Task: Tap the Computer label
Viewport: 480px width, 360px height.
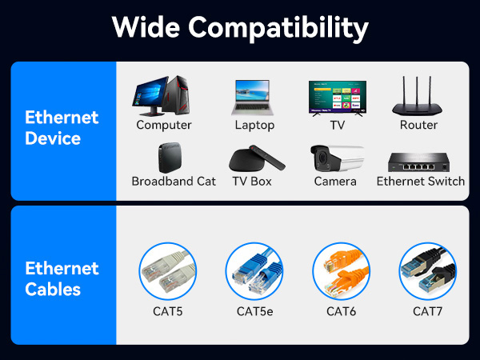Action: click(x=164, y=125)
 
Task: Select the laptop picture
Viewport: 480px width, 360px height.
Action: click(x=254, y=98)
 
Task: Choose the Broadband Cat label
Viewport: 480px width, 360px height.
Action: click(x=174, y=181)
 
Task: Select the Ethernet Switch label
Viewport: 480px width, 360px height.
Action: click(x=421, y=181)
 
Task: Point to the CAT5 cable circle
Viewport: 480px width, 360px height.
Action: click(x=168, y=271)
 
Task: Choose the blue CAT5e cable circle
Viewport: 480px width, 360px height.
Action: click(x=254, y=271)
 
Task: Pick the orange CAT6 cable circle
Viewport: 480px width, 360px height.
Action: click(x=342, y=271)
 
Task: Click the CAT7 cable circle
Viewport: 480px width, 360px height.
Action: click(x=427, y=271)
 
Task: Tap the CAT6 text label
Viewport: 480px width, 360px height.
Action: click(x=342, y=310)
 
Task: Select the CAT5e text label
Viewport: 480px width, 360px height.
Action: click(x=254, y=310)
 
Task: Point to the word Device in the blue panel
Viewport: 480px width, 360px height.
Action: click(x=54, y=138)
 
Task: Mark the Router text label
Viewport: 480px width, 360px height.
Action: click(x=418, y=125)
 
